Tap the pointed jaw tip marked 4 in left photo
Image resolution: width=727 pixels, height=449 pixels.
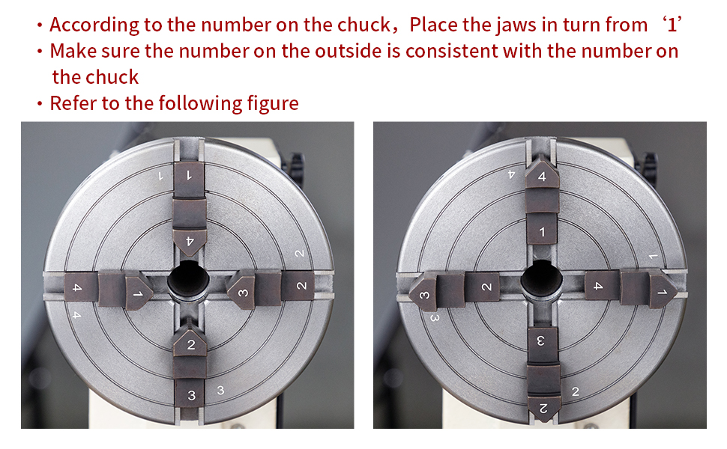pos(190,243)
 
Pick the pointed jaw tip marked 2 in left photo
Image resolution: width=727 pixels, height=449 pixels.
pos(190,343)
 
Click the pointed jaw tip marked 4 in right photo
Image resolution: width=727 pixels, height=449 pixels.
pos(542,174)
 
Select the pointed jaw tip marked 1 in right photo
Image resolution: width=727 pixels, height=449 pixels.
pos(662,292)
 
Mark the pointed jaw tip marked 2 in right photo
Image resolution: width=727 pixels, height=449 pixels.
pos(542,407)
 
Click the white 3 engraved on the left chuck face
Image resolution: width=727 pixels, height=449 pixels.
pos(220,390)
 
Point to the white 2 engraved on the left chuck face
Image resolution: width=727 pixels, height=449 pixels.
pos(299,254)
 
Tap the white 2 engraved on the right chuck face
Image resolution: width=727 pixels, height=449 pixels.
pos(575,391)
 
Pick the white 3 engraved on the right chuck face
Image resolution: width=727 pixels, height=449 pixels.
pos(435,317)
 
